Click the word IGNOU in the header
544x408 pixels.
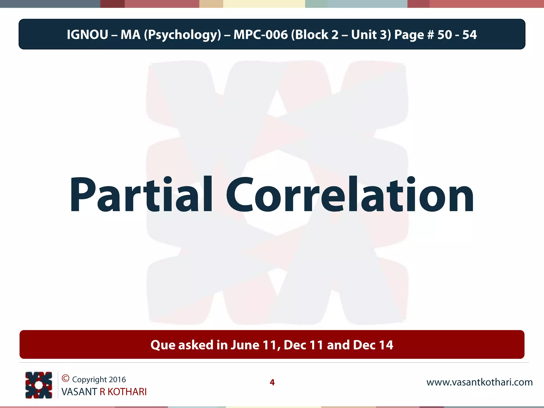pyautogui.click(x=87, y=35)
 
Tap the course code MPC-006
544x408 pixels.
pyautogui.click(x=261, y=35)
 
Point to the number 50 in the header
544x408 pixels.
pyautogui.click(x=445, y=35)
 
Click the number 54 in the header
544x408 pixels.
pyautogui.click(x=469, y=35)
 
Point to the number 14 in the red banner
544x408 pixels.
pyautogui.click(x=386, y=345)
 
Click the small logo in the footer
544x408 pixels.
pyautogui.click(x=39, y=385)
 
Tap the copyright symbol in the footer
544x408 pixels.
pyautogui.click(x=65, y=378)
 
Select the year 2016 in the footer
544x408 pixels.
pyautogui.click(x=117, y=380)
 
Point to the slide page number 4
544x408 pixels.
pyautogui.click(x=272, y=382)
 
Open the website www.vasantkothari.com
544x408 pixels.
pyautogui.click(x=479, y=382)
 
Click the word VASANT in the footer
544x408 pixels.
pyautogui.click(x=79, y=392)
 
